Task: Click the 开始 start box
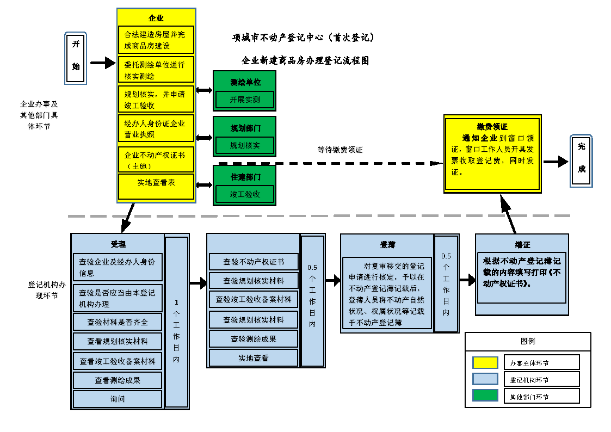coord(76,58)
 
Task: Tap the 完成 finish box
coord(581,161)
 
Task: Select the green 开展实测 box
coord(244,100)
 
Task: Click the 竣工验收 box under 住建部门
coord(244,194)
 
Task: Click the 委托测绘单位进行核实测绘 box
coord(156,70)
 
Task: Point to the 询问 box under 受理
coord(118,399)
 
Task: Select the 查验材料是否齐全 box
coord(118,322)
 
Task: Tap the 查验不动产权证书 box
coord(254,262)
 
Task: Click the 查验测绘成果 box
coord(254,338)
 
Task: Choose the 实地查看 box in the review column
coord(254,357)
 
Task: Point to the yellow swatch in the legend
coord(485,362)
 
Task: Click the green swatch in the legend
coord(485,396)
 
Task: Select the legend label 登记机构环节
coord(529,380)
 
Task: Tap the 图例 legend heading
coord(528,341)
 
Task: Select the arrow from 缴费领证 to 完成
coord(556,162)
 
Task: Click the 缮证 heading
coord(522,245)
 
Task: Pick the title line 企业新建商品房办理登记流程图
coord(305,61)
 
